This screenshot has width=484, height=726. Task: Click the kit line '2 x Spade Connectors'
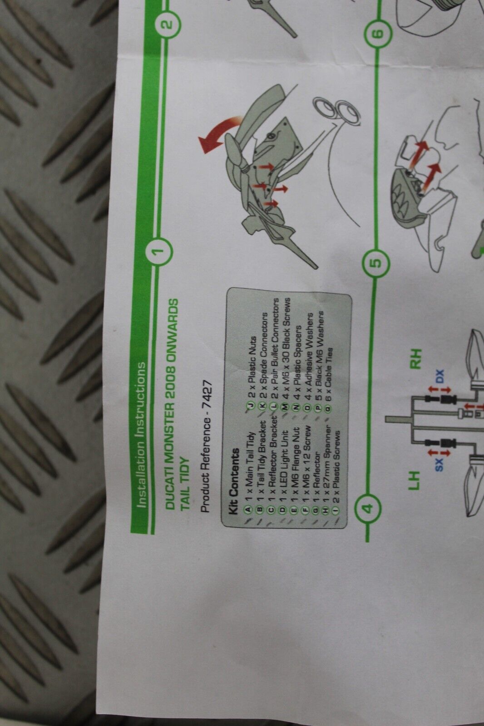[264, 355]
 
